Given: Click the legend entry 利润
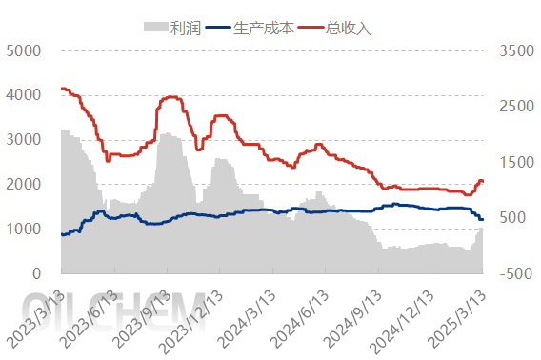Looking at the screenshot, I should click(185, 28).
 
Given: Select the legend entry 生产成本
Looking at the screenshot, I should click(264, 28).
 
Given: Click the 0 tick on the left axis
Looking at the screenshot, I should click(37, 274).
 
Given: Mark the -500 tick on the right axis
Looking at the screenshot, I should click(512, 274).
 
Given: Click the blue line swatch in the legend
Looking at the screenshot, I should click(218, 28).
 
